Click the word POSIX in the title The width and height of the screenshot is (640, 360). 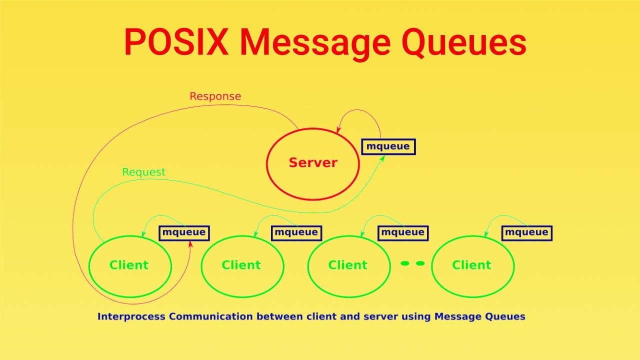176,42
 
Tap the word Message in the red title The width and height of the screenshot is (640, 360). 314,42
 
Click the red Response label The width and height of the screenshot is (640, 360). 215,96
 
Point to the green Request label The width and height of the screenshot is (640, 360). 143,172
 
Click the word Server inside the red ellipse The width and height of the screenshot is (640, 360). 313,162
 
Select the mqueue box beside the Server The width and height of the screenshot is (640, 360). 388,146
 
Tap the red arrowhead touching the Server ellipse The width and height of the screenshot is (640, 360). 338,130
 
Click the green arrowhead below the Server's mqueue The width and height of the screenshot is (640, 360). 382,158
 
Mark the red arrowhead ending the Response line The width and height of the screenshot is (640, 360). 190,244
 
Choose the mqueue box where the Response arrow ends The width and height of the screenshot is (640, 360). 184,232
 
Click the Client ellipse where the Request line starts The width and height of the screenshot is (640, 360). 130,265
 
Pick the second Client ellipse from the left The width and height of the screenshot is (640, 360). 242,265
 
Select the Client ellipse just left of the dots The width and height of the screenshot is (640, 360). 348,265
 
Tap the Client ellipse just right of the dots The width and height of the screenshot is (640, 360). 472,265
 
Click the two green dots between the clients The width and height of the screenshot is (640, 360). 412,263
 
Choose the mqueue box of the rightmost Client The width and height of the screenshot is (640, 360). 526,232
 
